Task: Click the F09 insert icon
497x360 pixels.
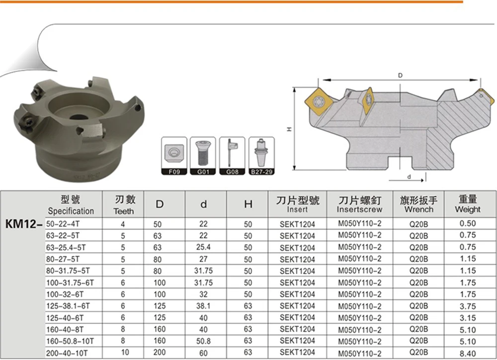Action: click(x=174, y=156)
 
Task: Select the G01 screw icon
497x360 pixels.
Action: click(x=203, y=156)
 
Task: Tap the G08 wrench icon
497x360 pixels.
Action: click(x=232, y=156)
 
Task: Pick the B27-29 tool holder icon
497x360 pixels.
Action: click(x=261, y=156)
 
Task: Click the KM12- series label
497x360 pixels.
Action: click(x=24, y=224)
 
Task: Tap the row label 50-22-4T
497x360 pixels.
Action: click(x=63, y=224)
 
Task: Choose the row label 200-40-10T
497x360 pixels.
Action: click(x=67, y=353)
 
